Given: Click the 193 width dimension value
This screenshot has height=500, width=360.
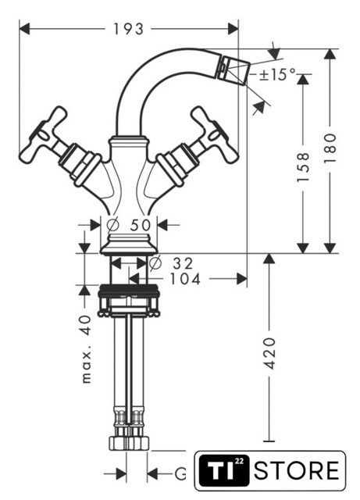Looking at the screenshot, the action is [x=129, y=30].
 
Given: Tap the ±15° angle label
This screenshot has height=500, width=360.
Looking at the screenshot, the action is [x=277, y=75].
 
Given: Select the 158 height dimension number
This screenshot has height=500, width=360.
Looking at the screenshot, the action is [x=303, y=167].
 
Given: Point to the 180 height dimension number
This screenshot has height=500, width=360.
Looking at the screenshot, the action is [x=330, y=148].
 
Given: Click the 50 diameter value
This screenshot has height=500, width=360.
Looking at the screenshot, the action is [x=141, y=225].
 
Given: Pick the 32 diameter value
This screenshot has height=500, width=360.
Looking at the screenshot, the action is [x=183, y=263].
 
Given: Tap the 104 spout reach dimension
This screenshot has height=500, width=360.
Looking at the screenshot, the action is [x=185, y=280].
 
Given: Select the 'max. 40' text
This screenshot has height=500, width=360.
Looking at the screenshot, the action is [x=86, y=349].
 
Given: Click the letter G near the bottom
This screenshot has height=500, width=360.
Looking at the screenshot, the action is [x=181, y=474].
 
